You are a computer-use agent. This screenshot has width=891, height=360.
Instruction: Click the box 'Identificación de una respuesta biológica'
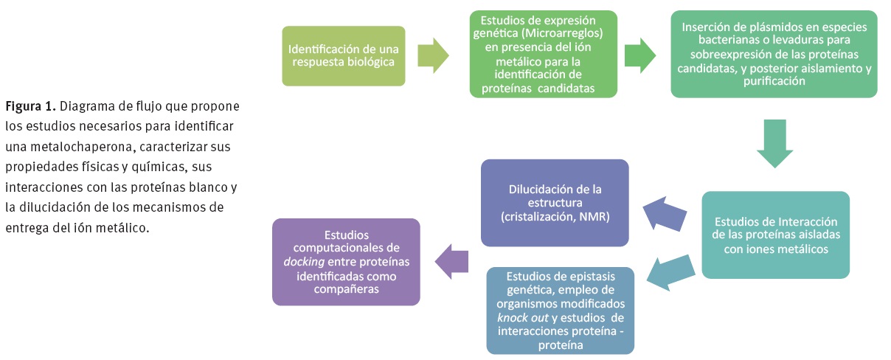pyautogui.click(x=343, y=56)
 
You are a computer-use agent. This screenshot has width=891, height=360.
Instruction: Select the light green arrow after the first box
pyautogui.click(x=434, y=56)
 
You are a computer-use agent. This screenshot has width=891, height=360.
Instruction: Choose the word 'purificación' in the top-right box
pyautogui.click(x=774, y=82)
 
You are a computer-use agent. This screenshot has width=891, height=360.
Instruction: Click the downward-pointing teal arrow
pyautogui.click(x=775, y=143)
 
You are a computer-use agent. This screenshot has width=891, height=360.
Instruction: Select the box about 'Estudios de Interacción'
pyautogui.click(x=775, y=235)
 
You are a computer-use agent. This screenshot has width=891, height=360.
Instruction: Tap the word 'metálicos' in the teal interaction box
pyautogui.click(x=803, y=249)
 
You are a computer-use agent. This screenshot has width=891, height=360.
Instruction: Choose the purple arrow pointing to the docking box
pyautogui.click(x=452, y=262)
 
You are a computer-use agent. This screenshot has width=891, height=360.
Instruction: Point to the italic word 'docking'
pyautogui.click(x=305, y=263)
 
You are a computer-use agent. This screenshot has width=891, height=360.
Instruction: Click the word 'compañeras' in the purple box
pyautogui.click(x=346, y=290)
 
